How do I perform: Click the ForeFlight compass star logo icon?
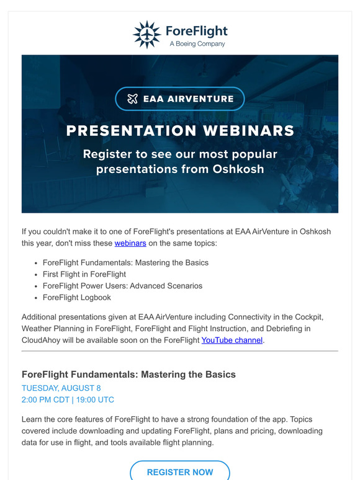147,34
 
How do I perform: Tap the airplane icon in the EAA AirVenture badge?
132,99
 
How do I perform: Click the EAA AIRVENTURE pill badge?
180,99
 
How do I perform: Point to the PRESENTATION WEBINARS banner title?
180,131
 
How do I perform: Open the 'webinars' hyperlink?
130,244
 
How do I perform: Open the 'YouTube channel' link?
232,340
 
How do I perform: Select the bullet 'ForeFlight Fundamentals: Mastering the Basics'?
125,262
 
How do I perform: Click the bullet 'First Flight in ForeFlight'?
84,274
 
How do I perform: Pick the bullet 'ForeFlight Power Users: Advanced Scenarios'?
122,286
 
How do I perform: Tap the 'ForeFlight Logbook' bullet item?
77,298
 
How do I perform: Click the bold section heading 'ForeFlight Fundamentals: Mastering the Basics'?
128,375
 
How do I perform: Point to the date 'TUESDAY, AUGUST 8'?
61,388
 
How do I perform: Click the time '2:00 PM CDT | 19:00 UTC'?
68,400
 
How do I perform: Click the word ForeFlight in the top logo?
197,31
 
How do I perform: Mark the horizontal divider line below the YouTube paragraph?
180,352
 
